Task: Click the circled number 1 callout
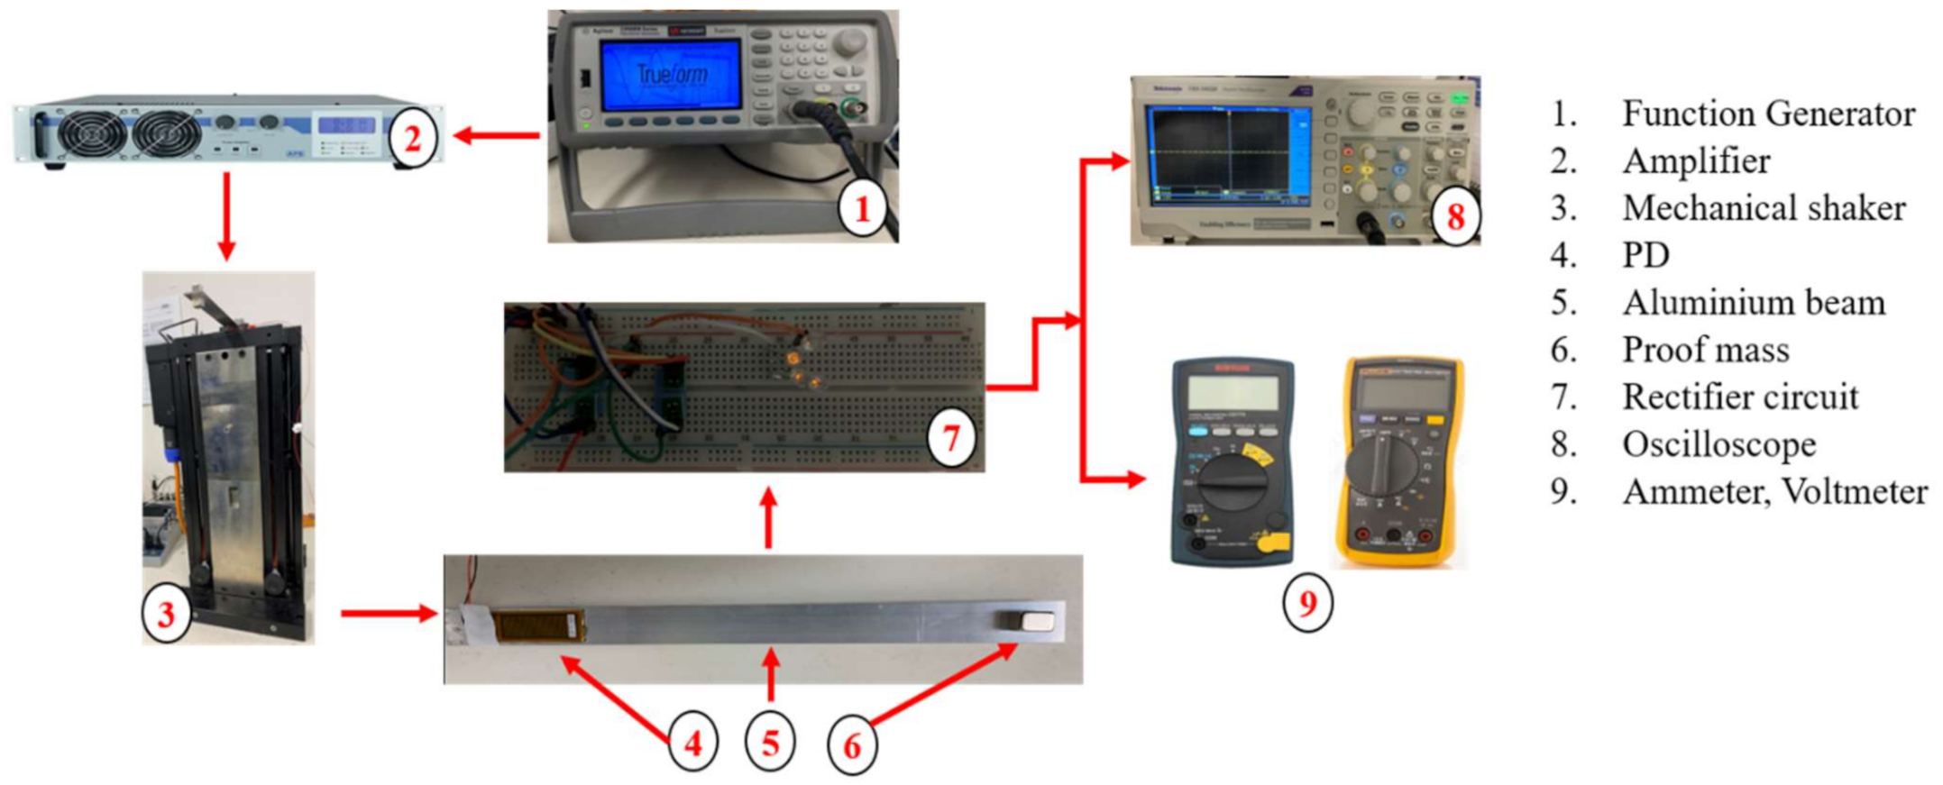click(x=863, y=209)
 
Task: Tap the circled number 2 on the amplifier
click(x=413, y=140)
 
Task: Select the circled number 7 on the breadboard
click(x=952, y=439)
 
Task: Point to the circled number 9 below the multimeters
click(x=1307, y=602)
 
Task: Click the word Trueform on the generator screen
click(x=672, y=74)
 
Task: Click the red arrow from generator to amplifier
click(x=496, y=137)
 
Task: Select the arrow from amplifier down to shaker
click(x=226, y=216)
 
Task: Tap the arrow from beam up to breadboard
click(x=768, y=518)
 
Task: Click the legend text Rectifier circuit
click(x=1740, y=397)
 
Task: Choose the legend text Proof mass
click(x=1705, y=350)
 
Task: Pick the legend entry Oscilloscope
click(x=1718, y=444)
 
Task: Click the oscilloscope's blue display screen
click(x=1226, y=153)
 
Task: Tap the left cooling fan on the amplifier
click(x=92, y=134)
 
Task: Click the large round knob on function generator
click(x=849, y=42)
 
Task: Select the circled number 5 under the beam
click(x=770, y=744)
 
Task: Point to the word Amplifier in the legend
click(x=1696, y=161)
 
